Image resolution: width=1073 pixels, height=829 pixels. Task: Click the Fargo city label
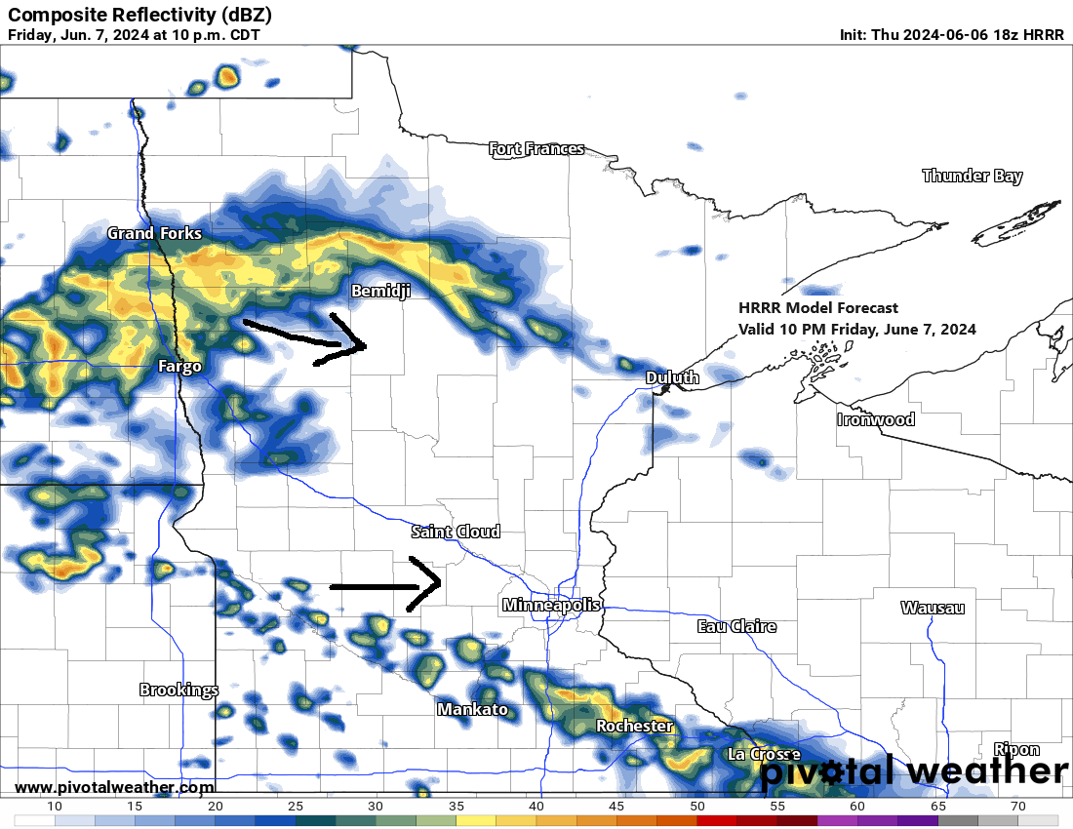coord(179,367)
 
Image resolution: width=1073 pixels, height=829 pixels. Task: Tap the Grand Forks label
coord(154,233)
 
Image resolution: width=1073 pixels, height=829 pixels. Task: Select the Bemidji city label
coord(380,292)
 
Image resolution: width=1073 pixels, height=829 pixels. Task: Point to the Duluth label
coord(672,377)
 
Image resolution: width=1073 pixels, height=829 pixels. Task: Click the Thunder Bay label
coord(972,177)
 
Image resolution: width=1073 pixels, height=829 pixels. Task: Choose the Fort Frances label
coord(536,149)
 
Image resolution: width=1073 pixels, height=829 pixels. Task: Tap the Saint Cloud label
coord(456,532)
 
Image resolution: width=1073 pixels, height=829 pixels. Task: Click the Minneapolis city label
coord(551,606)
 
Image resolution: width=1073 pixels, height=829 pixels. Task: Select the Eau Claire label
coord(736,626)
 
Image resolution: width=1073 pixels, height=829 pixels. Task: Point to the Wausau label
coord(932,608)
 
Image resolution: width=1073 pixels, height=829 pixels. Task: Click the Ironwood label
coord(876,419)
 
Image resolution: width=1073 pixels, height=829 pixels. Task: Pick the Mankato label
coord(472,709)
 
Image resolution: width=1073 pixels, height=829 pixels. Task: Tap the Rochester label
coord(634,727)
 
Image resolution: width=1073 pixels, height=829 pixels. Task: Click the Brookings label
coord(179,690)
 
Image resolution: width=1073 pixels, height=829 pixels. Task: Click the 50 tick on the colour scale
coord(696,807)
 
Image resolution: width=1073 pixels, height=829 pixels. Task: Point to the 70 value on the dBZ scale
coord(1017,807)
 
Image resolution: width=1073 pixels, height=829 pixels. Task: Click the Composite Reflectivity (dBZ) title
coord(139,15)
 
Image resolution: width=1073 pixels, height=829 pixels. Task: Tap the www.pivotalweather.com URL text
coord(115,787)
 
